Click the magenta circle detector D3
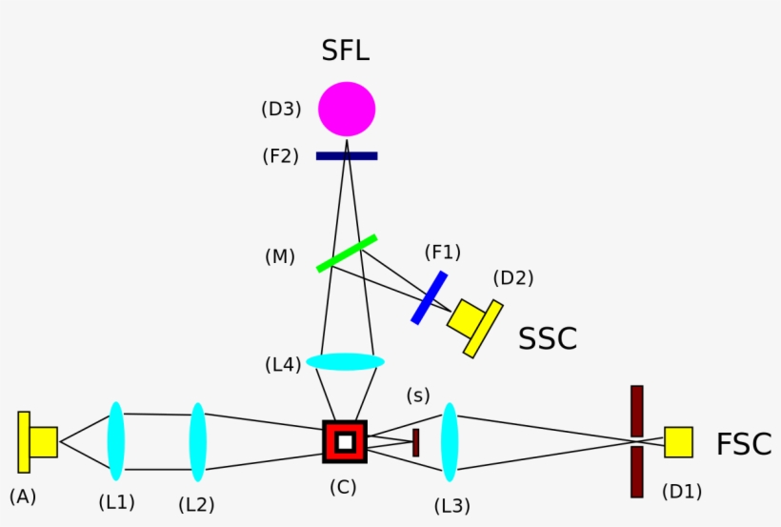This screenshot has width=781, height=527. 347,109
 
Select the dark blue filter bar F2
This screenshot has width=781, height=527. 347,155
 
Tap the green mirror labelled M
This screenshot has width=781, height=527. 347,253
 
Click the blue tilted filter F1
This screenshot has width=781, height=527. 430,297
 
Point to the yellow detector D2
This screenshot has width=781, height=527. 473,323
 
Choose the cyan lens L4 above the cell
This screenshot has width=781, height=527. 345,362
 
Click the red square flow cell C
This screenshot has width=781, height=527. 345,441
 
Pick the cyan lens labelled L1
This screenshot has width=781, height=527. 116,441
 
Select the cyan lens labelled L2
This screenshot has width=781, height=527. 197,441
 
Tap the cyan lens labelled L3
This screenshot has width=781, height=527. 450,441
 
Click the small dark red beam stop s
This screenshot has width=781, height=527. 416,442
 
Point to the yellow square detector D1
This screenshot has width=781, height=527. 678,442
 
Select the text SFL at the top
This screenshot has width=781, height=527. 345,51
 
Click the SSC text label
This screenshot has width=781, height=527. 548,338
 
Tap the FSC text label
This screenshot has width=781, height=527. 744,444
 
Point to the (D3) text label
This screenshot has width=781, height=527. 281,110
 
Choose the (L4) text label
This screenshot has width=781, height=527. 283,364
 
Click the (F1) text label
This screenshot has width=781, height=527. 442,253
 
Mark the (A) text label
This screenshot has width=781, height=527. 23,496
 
